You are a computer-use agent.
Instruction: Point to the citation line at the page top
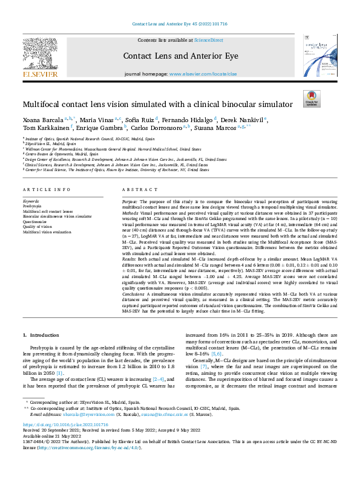(x=180, y=24)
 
